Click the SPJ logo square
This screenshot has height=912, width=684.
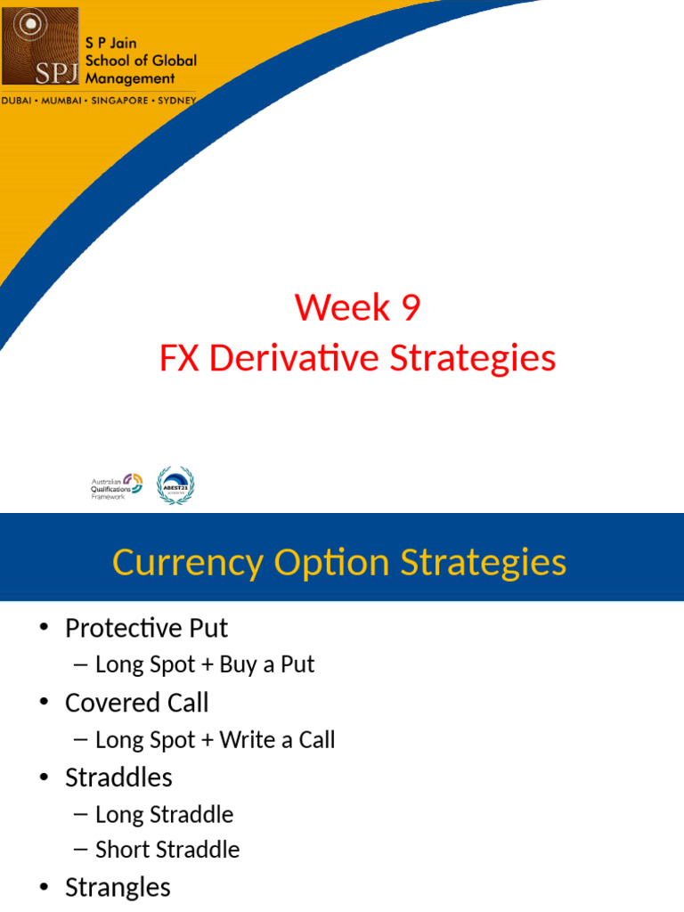point(40,46)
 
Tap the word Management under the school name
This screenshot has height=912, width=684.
point(130,78)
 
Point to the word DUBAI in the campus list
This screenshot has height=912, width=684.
point(19,101)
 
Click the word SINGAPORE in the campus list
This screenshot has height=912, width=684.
point(122,101)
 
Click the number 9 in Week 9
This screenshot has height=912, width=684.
point(411,308)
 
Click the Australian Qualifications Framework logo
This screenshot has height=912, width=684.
point(117,486)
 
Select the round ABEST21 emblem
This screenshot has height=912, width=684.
point(175,485)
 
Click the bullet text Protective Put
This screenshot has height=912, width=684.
point(146,628)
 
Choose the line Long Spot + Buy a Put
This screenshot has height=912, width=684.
point(205,664)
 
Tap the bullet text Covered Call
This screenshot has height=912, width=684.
point(137,703)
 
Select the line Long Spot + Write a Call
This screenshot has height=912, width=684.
point(215,739)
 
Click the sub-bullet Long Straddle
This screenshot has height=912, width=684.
point(164,814)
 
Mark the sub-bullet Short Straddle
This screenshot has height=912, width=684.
point(167,850)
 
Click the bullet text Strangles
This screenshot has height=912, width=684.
point(118,887)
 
